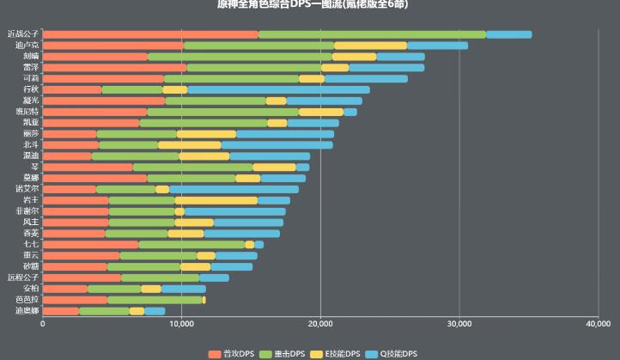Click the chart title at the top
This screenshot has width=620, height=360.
point(313,4)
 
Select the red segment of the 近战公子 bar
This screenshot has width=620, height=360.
point(150,34)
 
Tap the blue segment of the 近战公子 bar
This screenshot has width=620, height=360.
point(508,34)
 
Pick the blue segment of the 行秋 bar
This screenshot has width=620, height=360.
point(278,89)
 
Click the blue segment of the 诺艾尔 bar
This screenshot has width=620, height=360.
point(234,189)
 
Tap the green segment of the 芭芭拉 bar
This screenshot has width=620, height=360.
point(155,300)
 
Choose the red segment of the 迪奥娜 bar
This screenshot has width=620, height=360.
point(60,311)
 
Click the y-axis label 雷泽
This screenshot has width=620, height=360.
point(30,67)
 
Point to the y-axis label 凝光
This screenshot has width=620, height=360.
point(30,101)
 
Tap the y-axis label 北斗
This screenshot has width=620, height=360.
point(30,144)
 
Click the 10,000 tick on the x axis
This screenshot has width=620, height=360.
point(181,324)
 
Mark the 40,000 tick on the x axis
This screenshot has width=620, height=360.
point(598,324)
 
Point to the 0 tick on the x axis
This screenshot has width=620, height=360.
point(42,324)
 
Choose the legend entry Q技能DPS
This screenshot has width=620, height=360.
point(398,353)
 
